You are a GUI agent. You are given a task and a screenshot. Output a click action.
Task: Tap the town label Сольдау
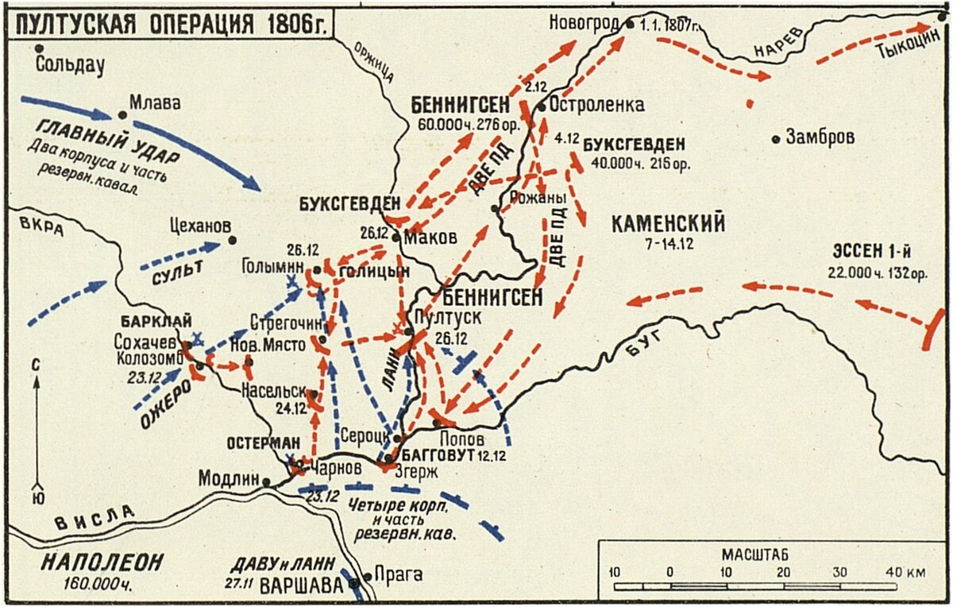click(71, 66)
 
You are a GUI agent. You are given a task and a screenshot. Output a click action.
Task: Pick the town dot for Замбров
click(776, 138)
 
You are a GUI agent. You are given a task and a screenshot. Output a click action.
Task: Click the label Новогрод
click(584, 24)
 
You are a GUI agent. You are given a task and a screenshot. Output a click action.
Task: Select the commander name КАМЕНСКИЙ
click(668, 224)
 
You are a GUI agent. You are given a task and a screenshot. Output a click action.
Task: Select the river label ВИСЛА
click(94, 518)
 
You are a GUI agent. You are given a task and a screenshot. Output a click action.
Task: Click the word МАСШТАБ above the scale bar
click(755, 553)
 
